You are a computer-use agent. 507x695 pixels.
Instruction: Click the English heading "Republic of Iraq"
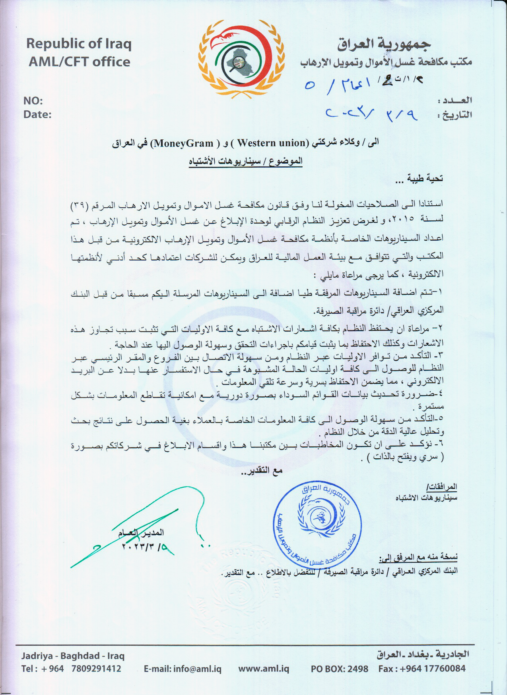click(x=79, y=44)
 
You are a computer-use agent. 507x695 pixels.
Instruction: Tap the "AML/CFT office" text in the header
click(x=79, y=62)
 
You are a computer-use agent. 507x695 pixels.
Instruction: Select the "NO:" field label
click(x=33, y=101)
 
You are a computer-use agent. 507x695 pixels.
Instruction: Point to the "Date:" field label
click(x=37, y=115)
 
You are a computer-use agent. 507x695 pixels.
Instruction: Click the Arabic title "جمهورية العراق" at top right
click(x=383, y=44)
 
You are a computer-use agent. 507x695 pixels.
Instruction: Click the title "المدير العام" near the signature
click(x=141, y=533)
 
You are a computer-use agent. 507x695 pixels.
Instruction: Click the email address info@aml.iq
click(x=183, y=669)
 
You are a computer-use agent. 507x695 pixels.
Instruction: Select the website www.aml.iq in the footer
click(x=264, y=669)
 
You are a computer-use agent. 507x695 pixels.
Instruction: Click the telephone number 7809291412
click(x=96, y=669)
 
